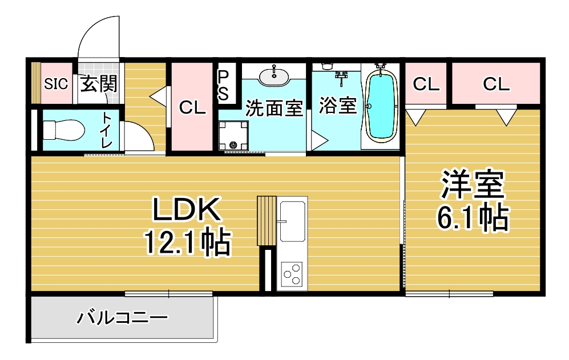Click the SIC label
pos(56,84)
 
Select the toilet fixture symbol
pos(63,130)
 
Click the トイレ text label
pos(106,130)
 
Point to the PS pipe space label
pos(223,86)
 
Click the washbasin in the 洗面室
pos(274,76)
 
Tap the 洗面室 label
pos(274,107)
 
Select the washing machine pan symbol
pos(233,135)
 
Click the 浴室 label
pos(337,105)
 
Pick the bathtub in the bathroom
pos(380,106)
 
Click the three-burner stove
pos(292,274)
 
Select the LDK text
pos(187,209)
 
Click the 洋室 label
pos(473,184)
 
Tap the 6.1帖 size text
pos(473,218)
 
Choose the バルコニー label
pos(122,318)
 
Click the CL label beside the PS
pos(192,107)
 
